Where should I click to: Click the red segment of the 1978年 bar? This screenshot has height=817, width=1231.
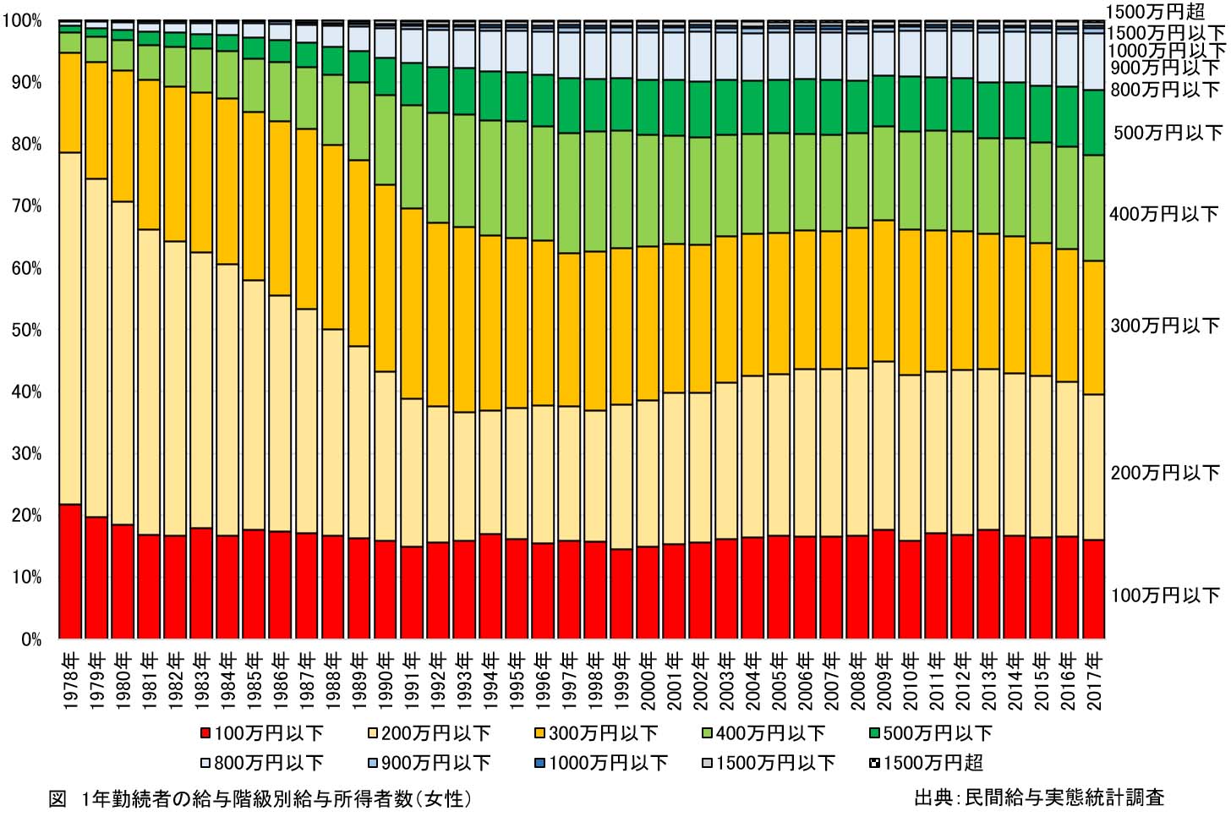point(70,571)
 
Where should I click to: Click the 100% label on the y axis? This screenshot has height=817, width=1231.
point(23,21)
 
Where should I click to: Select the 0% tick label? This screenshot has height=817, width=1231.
point(31,639)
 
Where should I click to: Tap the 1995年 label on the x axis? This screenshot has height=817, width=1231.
point(516,682)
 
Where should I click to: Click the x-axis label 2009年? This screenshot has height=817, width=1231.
point(884,682)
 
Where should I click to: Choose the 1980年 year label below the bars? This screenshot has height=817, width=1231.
point(123,682)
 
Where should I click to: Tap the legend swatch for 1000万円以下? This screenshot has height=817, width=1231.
point(539,763)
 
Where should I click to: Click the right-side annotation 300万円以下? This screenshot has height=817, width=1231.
point(1164,326)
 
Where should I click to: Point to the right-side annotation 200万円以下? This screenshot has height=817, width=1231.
point(1164,473)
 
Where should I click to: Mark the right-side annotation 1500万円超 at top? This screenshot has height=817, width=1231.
point(1154,12)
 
